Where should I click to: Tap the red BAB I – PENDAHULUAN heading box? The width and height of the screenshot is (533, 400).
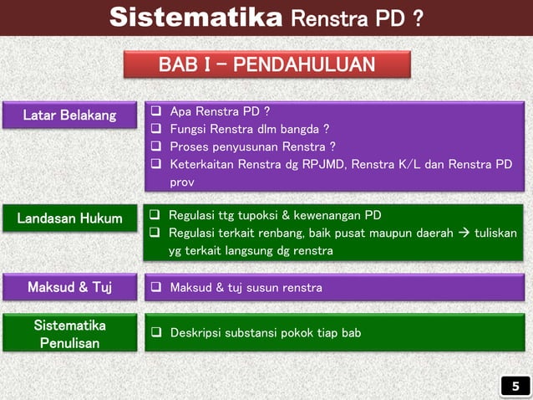tap(267, 65)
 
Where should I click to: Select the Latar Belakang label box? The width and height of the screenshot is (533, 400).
tap(69, 115)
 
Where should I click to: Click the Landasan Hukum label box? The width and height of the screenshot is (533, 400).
tap(69, 219)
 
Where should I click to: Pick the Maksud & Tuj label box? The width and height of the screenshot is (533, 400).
tap(69, 288)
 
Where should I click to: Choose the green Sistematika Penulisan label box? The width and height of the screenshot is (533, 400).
tap(69, 333)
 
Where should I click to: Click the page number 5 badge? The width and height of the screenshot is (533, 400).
tap(515, 386)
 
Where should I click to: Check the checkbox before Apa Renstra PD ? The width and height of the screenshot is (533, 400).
tap(155, 111)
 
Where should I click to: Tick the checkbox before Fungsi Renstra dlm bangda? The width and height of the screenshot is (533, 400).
tap(155, 129)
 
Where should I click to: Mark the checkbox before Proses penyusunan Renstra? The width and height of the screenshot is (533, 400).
tap(155, 146)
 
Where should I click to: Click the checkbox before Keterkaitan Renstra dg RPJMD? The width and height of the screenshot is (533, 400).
tap(155, 164)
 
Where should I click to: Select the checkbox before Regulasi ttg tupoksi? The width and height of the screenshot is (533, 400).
tap(155, 215)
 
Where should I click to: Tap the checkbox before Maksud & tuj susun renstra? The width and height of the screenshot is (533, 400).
tap(155, 289)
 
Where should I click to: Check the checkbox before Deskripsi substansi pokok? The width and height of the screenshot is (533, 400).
tap(155, 333)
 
